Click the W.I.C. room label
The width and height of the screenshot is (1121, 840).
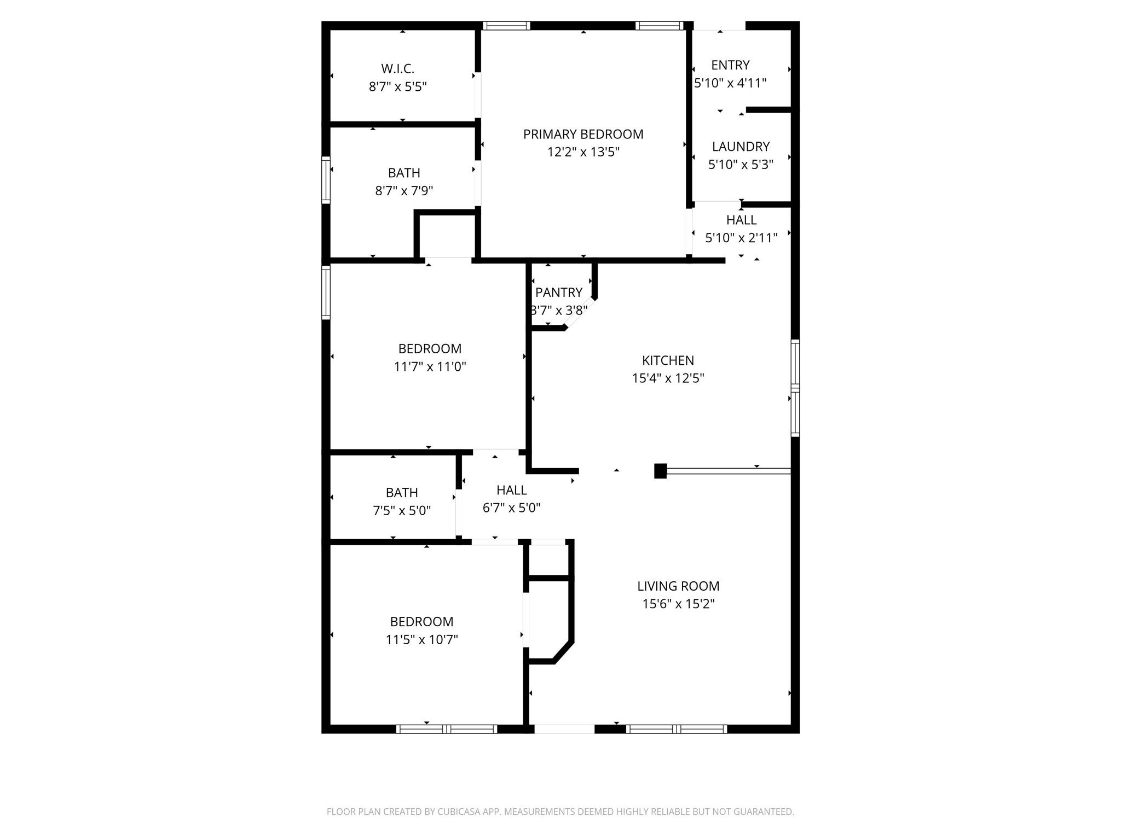coord(397,69)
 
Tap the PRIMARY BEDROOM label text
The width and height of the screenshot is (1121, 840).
coord(583,134)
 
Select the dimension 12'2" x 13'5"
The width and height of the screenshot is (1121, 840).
coord(583,152)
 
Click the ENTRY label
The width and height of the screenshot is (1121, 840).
coord(730,65)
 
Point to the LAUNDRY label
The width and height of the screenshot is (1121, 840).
coord(741,147)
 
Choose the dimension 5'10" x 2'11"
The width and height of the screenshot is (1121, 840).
coord(741,238)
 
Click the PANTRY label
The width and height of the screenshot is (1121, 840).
coord(559,293)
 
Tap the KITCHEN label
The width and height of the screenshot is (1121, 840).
coord(668,360)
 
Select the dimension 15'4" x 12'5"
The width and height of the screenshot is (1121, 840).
coord(668,378)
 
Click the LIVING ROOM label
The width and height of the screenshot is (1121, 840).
coord(678,586)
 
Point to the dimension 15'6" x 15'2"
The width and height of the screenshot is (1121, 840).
coord(678,604)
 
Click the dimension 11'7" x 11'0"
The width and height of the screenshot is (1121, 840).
coord(430,366)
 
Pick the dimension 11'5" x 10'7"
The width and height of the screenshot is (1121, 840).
coord(421,639)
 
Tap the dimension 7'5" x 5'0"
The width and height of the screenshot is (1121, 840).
coord(402,511)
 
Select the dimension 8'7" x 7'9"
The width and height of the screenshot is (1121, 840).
coord(404,191)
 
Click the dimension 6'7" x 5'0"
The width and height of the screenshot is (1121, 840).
coord(511,508)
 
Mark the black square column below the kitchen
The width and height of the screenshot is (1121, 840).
coord(661,471)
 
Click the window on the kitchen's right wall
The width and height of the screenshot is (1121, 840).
coord(795,388)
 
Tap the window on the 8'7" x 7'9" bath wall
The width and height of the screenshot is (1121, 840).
coord(326,180)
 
